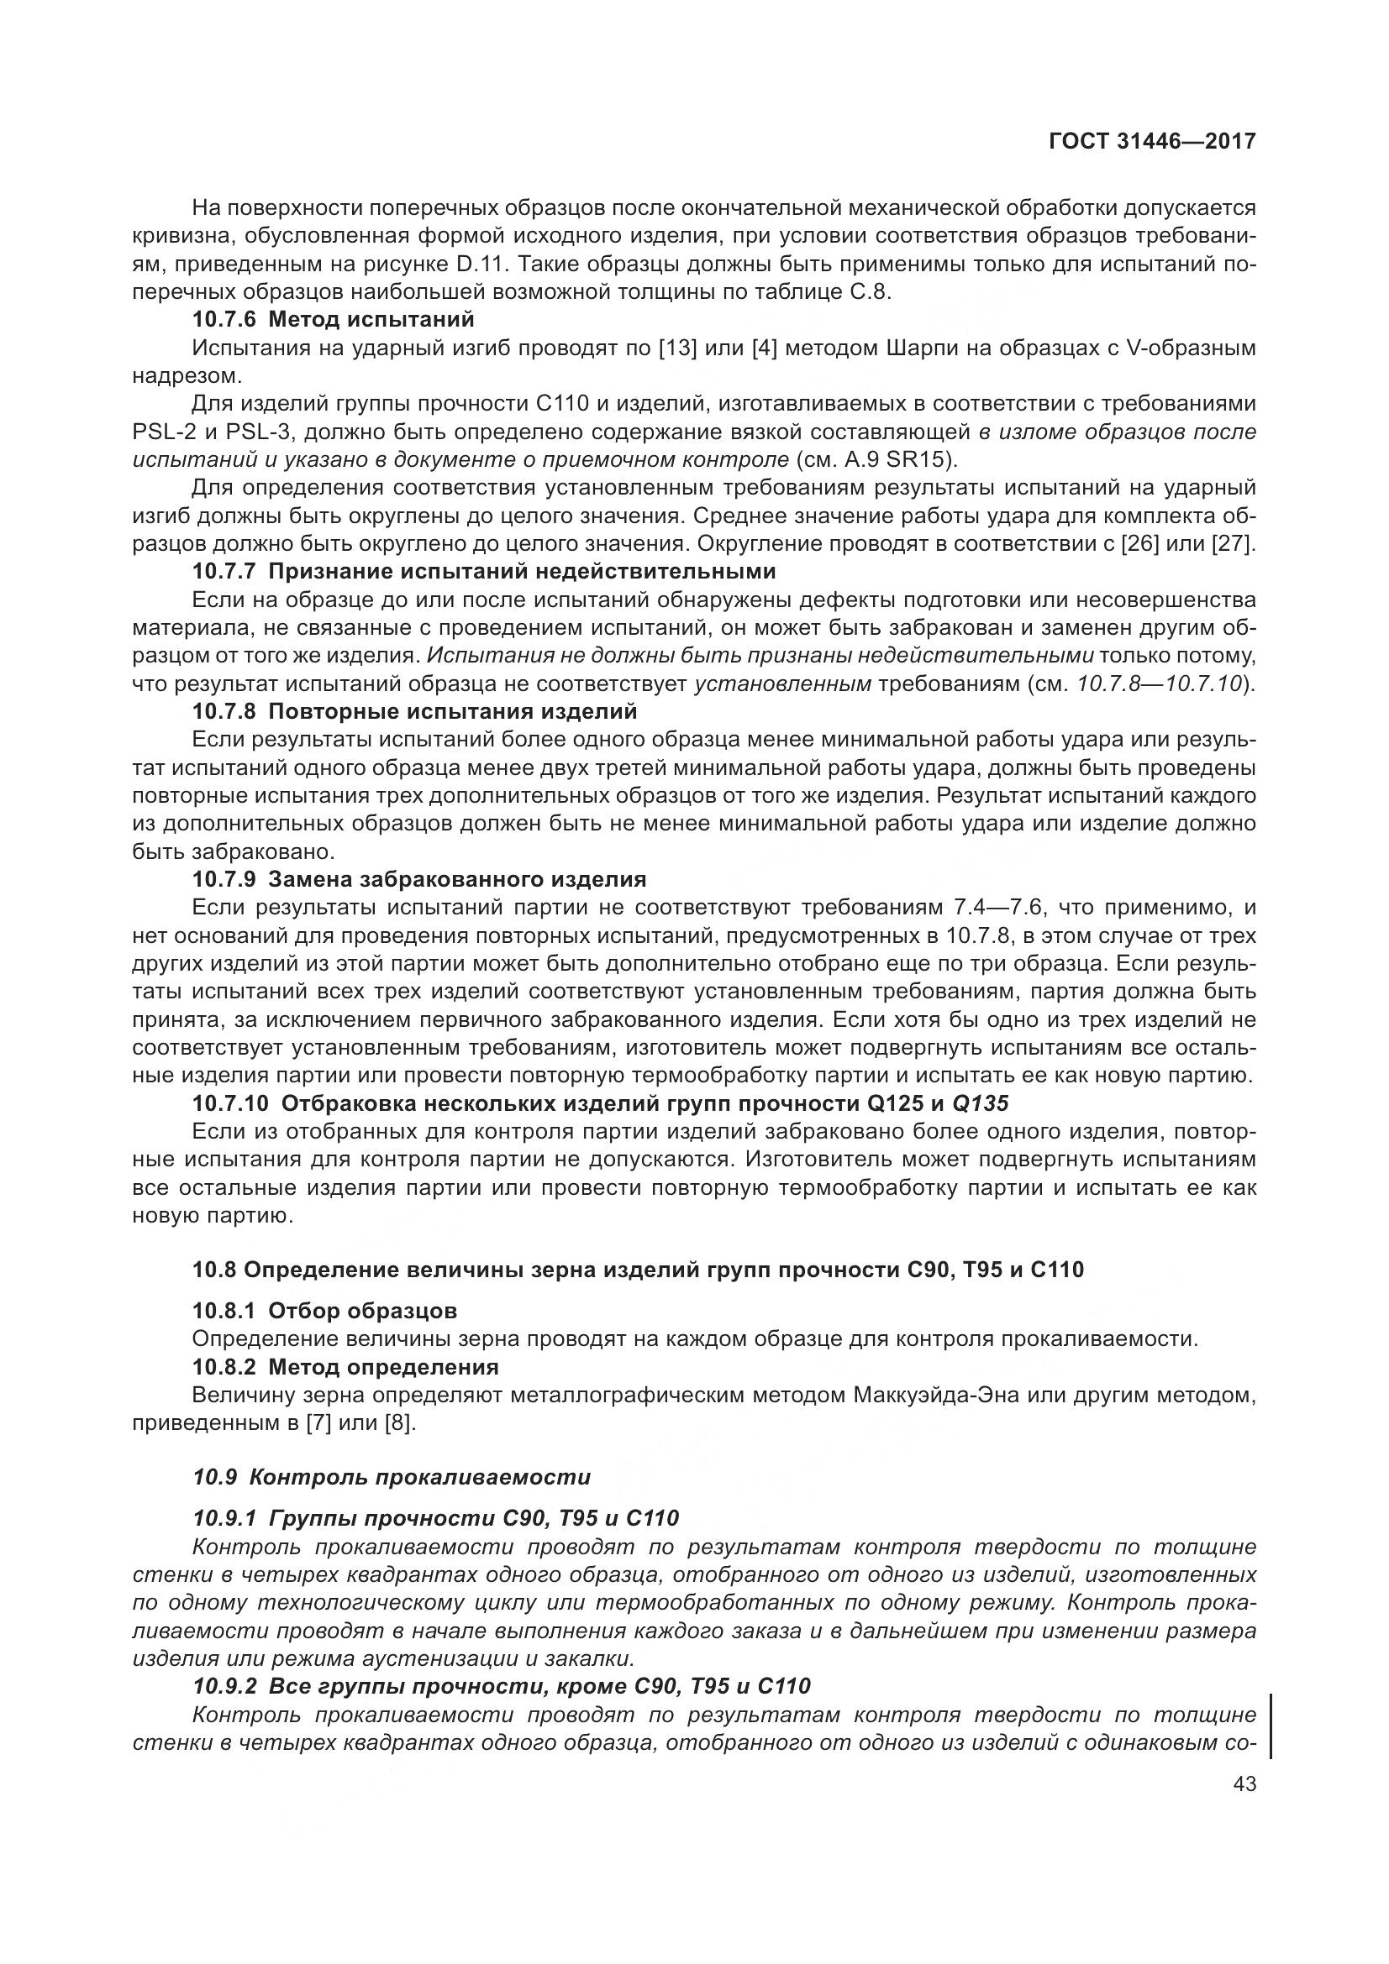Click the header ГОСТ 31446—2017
(1152, 141)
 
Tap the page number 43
(1244, 1784)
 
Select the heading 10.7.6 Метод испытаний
(333, 319)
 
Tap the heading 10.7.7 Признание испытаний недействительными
(483, 570)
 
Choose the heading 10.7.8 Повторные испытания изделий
(414, 711)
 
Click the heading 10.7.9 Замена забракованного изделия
(418, 879)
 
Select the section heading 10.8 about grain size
(638, 1270)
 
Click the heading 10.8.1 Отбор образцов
(324, 1311)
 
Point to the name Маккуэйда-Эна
(938, 1396)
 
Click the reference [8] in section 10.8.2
(400, 1423)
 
